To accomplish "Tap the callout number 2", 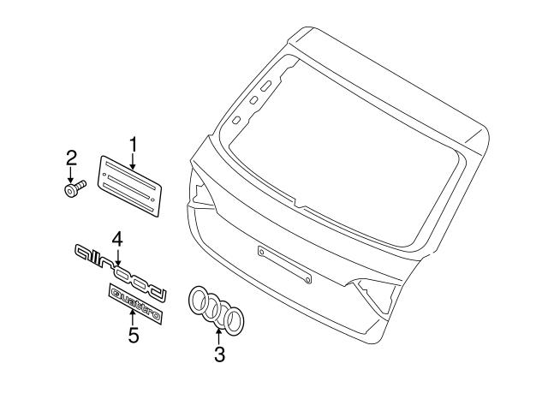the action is pos(71,158).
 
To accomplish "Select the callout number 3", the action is pos(219,354).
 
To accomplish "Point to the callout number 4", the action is pos(117,240).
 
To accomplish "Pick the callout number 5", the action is pos(134,336).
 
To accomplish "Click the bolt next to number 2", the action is pos(74,188).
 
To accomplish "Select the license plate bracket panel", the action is pos(129,186).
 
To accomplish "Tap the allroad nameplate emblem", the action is pos(120,272).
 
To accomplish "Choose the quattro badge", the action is pos(136,303).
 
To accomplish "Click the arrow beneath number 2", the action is pos(71,175).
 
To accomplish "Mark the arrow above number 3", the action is pos(219,337).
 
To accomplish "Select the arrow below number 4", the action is pos(118,257).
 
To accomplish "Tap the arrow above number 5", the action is pos(133,319).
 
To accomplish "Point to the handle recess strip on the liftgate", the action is pos(284,265).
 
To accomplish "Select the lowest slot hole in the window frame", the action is pos(236,120).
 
